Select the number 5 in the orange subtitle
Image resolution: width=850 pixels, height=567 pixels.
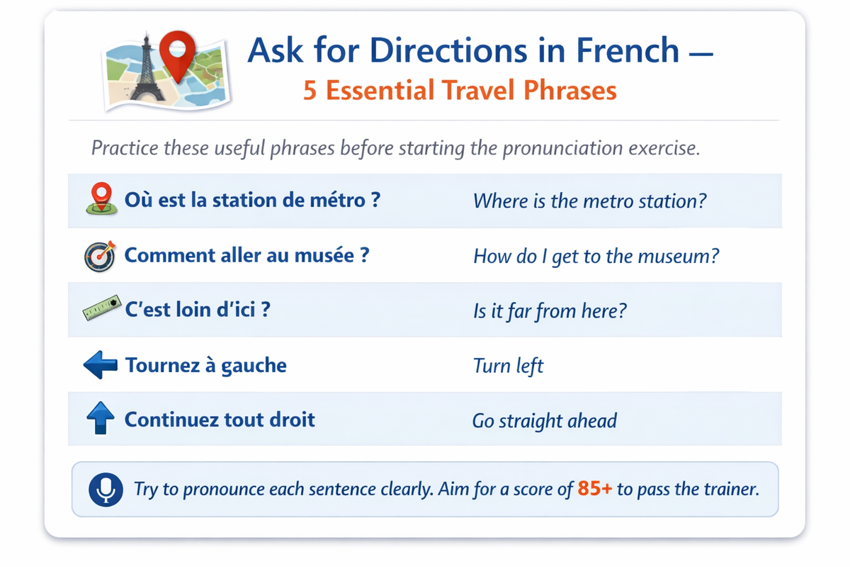pyautogui.click(x=310, y=90)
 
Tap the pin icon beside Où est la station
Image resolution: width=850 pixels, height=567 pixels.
pyautogui.click(x=101, y=198)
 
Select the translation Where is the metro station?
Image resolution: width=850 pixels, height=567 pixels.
pyautogui.click(x=589, y=201)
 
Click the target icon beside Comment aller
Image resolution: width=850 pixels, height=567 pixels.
pyautogui.click(x=99, y=256)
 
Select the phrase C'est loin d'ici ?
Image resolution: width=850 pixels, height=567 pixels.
pyautogui.click(x=197, y=310)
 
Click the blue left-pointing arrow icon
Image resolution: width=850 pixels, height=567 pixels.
pyautogui.click(x=100, y=366)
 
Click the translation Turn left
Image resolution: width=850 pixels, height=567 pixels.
pyautogui.click(x=508, y=366)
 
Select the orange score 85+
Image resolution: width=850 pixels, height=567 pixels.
pyautogui.click(x=594, y=489)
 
